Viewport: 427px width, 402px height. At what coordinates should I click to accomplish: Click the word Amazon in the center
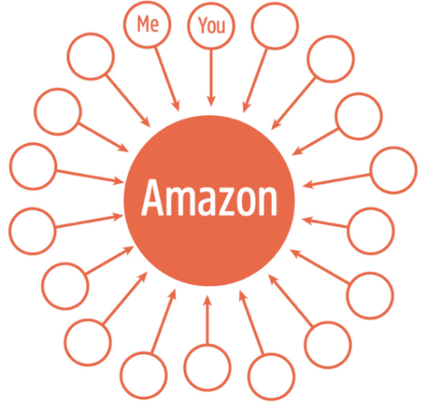209,198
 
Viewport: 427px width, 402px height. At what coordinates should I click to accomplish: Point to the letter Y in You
203,25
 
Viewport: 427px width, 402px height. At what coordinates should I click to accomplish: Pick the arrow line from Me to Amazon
167,79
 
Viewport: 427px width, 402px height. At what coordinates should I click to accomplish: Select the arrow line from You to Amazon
211,79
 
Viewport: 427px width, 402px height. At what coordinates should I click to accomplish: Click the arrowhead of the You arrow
211,102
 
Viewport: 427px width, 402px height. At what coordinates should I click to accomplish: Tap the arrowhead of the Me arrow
176,106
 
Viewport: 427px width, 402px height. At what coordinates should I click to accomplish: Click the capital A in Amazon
153,198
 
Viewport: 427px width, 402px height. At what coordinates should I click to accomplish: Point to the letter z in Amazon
221,202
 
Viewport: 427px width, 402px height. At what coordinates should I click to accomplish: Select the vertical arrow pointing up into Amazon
208,320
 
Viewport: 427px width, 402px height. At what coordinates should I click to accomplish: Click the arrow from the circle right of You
255,81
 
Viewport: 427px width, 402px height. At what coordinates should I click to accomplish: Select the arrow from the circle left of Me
128,101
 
